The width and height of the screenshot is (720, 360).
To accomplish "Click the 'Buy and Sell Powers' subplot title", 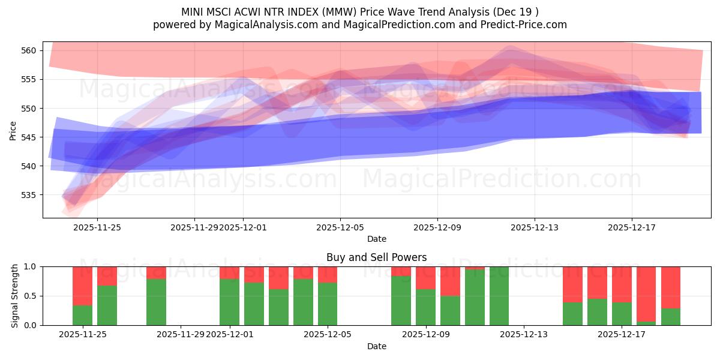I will [376, 257].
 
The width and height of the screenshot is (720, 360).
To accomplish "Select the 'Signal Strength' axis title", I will [16, 296].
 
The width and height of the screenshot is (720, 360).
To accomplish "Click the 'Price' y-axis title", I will [13, 130].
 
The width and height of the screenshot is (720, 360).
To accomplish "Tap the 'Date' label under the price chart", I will [376, 239].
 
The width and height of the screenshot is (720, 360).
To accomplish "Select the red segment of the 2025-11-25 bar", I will [83, 286].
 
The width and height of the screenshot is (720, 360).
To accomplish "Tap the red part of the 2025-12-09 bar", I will [425, 278].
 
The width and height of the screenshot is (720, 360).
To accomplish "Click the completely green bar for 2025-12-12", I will [499, 296].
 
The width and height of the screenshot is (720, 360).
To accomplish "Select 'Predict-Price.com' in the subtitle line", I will [526, 25].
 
